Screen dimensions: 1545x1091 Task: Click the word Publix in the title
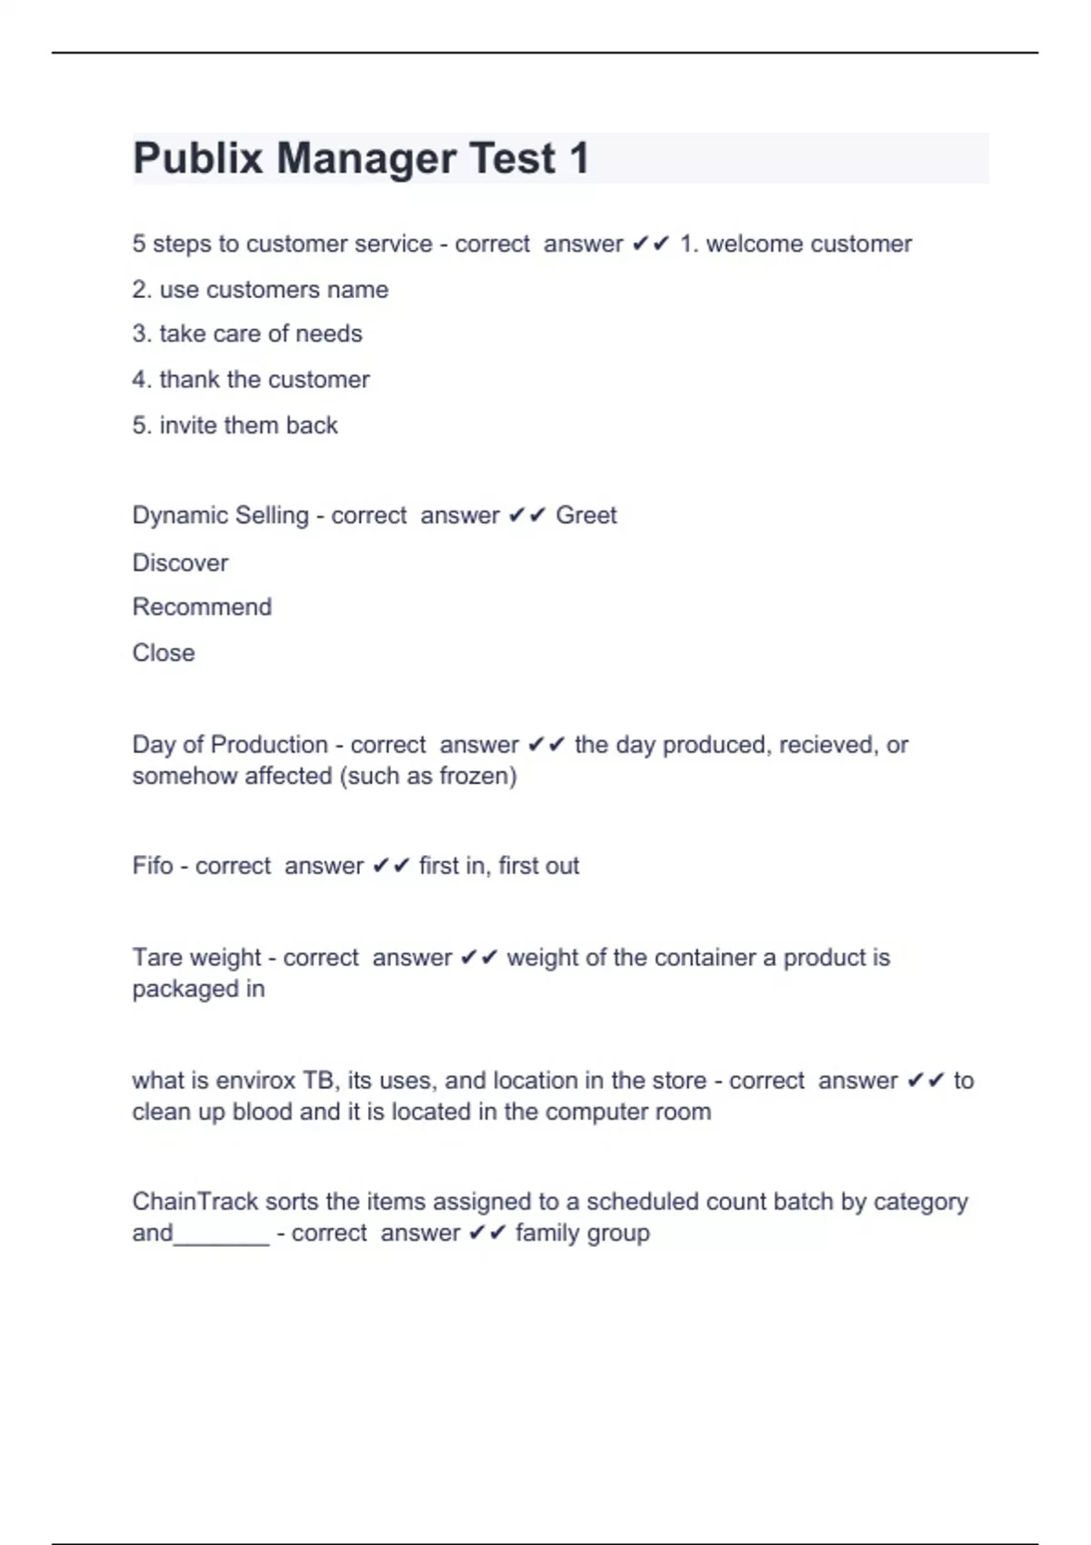[x=197, y=158]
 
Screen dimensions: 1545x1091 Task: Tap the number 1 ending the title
[x=579, y=158]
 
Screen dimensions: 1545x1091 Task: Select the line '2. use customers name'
[x=260, y=289]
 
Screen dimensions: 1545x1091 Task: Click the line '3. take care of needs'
[x=247, y=334]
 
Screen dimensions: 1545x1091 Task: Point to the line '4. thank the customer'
[x=251, y=379]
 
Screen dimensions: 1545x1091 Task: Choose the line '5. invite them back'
[x=235, y=424]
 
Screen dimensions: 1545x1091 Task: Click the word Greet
[x=586, y=515]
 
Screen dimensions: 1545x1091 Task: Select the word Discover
[x=180, y=563]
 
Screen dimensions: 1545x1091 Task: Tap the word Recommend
[x=202, y=607]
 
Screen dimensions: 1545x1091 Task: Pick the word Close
[x=164, y=653]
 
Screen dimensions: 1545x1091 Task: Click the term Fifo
[x=152, y=865]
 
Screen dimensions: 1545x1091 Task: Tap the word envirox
[x=250, y=1080]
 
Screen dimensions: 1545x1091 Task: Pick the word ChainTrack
[x=195, y=1201]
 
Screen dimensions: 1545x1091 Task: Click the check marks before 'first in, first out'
[x=391, y=866]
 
